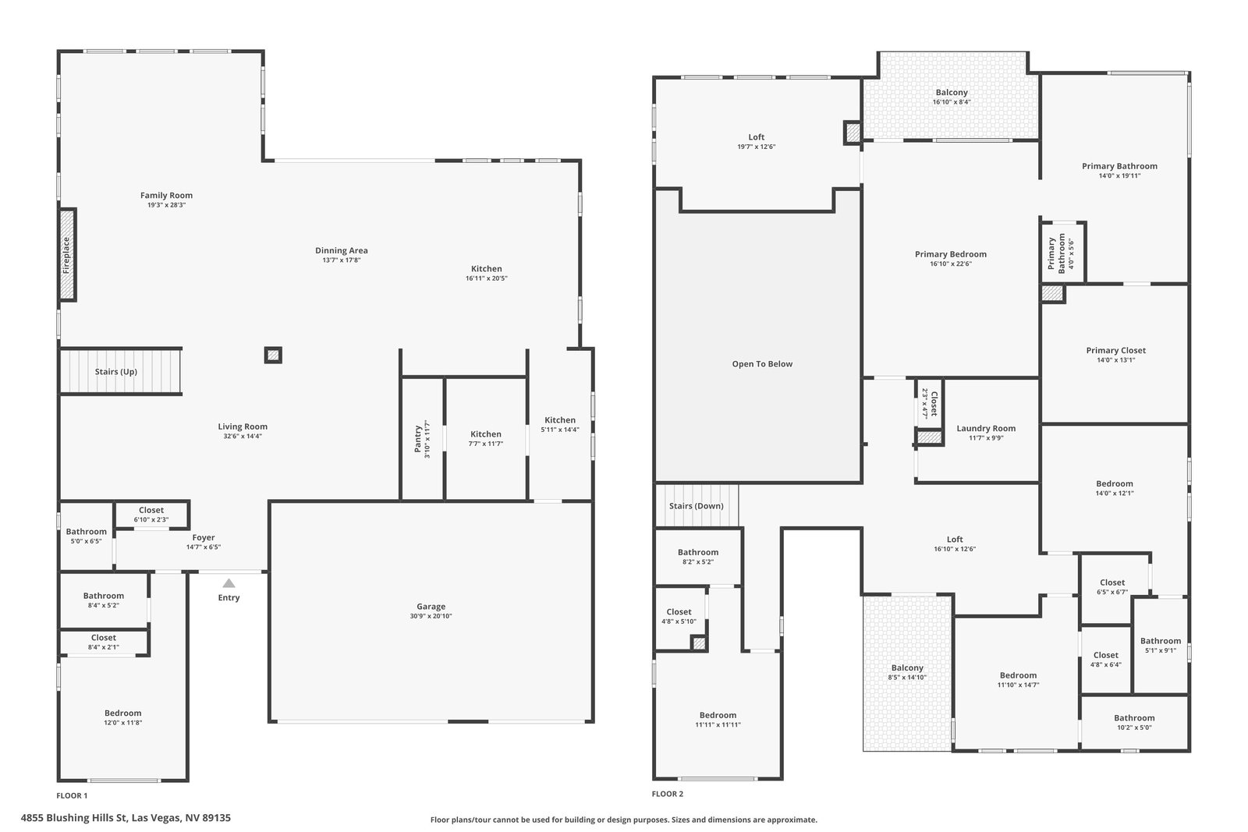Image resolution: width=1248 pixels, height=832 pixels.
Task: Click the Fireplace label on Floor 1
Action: point(66,255)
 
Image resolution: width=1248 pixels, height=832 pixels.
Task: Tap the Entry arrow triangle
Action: point(229,583)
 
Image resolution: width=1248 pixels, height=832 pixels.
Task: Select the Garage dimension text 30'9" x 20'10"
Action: point(431,616)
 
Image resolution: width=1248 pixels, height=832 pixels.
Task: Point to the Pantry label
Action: point(418,439)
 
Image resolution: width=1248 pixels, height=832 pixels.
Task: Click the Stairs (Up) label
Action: point(116,371)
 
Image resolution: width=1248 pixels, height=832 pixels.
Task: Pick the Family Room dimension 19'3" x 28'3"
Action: point(166,205)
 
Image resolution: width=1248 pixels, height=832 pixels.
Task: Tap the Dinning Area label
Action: point(342,250)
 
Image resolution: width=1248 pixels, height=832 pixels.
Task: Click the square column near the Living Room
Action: point(273,355)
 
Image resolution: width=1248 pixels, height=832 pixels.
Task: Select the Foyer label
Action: point(204,537)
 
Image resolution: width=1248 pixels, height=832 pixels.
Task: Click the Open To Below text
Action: point(762,363)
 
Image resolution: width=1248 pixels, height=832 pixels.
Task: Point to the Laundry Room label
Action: point(986,428)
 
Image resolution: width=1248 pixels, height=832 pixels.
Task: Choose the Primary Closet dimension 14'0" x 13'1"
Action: point(1116,359)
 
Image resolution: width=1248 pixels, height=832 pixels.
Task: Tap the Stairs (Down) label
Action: point(697,505)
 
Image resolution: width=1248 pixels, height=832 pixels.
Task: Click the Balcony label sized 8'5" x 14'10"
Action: point(907,667)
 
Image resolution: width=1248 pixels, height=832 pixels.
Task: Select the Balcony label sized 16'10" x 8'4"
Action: point(952,93)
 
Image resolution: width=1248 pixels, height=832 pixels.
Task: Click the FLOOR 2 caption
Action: point(668,794)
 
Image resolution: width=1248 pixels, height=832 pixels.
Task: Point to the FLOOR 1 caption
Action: point(72,795)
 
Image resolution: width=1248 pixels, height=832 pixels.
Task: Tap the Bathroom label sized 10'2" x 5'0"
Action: point(1134,718)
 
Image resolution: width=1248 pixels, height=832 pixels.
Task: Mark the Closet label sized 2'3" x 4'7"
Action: point(934,403)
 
